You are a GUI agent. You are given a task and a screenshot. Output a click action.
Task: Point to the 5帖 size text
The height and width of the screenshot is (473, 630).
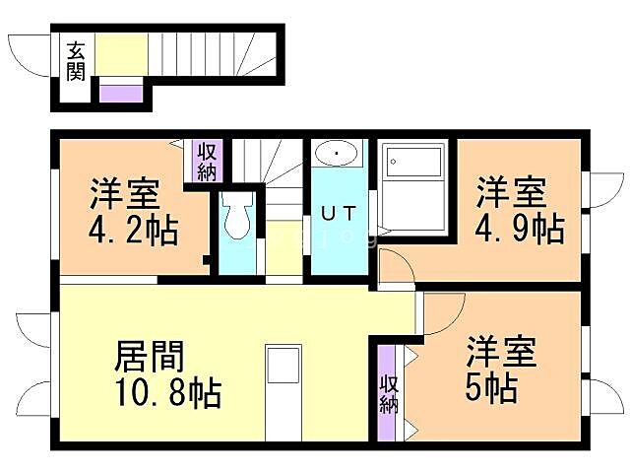click(491, 387)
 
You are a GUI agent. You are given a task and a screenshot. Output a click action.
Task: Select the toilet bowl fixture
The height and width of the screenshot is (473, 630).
click(237, 219)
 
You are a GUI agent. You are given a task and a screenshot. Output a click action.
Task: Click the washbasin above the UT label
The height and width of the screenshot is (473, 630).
click(338, 155)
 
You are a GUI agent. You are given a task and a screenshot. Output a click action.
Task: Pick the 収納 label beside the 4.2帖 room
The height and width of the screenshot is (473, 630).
click(207, 162)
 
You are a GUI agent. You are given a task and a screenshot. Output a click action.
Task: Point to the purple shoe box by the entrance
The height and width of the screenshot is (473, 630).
click(122, 95)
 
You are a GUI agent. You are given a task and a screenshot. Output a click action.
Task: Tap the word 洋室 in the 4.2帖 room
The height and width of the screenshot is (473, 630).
click(124, 192)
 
